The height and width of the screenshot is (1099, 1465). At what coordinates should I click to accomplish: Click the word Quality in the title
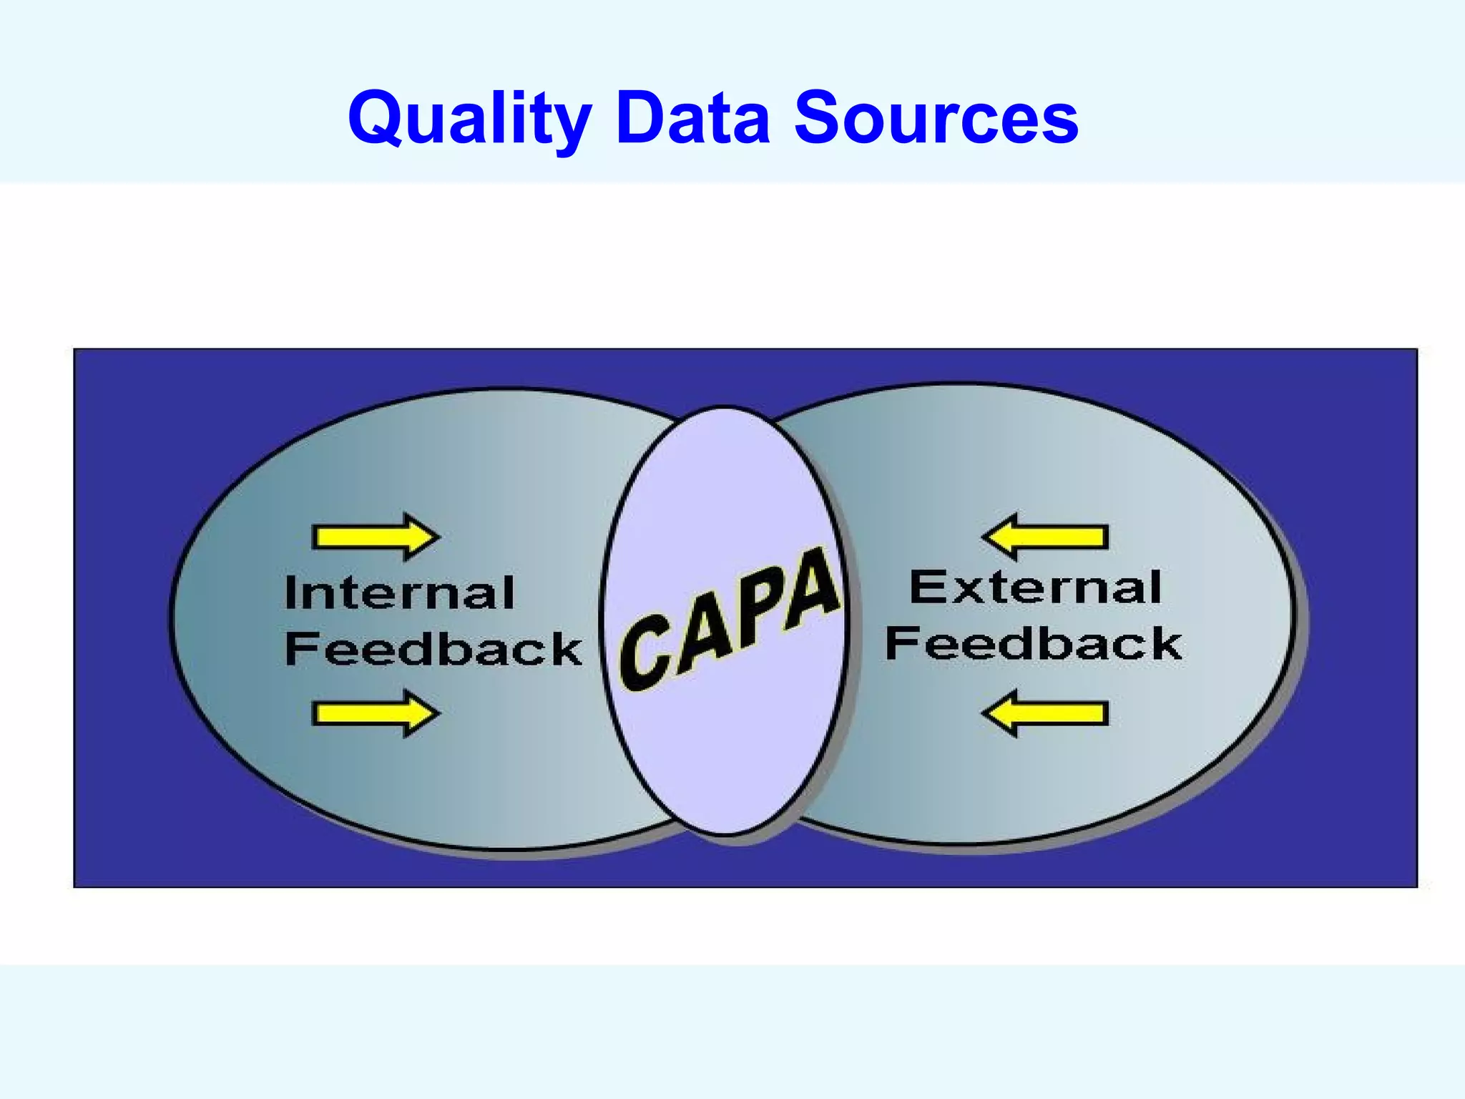pos(469,118)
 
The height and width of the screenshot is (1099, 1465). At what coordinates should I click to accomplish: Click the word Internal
pos(399,593)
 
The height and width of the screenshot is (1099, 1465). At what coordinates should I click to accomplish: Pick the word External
pos(1034,588)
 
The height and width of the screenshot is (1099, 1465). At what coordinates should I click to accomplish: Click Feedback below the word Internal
pos(433,649)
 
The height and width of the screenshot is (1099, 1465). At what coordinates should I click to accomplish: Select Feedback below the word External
pos(1033,643)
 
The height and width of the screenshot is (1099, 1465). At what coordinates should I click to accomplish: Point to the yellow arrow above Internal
pos(376,537)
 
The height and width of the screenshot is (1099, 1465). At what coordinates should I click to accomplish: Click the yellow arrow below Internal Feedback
pos(376,713)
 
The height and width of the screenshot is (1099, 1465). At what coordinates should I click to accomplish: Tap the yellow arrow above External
pos(1045,537)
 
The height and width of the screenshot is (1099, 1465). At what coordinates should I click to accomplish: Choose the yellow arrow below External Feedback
pos(1045,713)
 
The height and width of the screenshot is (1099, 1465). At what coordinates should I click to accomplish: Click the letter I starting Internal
pos(291,593)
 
